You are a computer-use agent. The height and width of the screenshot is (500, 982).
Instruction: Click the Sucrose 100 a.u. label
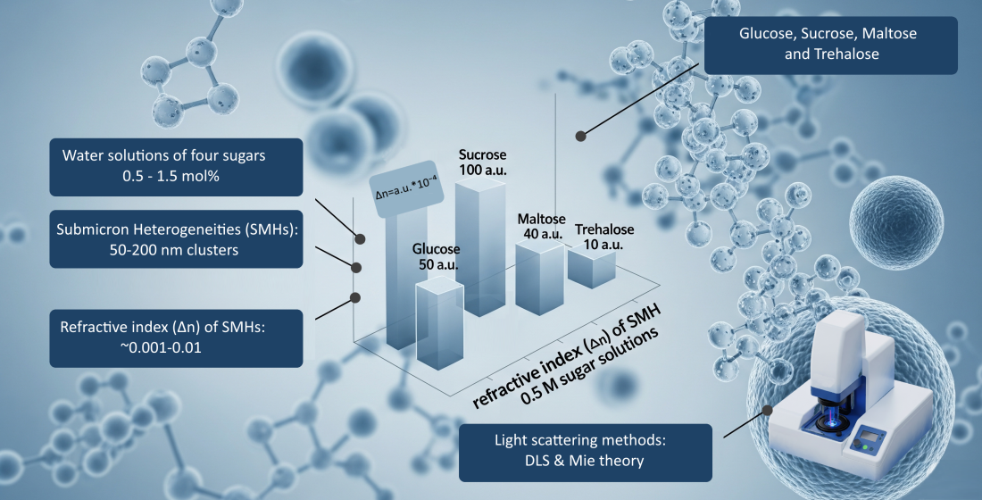coord(482,162)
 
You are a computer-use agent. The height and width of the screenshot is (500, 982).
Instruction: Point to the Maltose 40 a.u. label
coord(541,226)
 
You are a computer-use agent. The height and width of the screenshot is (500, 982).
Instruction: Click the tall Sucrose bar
coord(480,246)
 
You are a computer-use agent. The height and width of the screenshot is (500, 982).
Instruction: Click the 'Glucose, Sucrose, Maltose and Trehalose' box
coord(830,46)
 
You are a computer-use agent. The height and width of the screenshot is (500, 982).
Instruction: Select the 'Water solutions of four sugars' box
coord(176,167)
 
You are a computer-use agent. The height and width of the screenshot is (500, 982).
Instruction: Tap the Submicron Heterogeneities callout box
coord(176,239)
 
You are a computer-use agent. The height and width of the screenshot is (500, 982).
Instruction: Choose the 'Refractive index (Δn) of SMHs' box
coord(176,338)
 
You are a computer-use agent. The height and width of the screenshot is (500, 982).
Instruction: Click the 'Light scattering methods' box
coord(586,453)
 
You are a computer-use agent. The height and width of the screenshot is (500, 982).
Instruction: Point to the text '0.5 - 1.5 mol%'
coord(171,176)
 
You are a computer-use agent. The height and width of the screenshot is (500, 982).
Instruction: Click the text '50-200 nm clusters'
coord(173,250)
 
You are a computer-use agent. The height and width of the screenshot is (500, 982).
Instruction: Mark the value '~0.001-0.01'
coord(161,347)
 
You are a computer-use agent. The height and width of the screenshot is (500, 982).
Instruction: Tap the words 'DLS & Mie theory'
coord(584,461)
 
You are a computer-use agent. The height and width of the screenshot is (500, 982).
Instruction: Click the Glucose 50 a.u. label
coord(436,257)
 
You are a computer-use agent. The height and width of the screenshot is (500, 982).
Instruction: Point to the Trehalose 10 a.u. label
coord(603,237)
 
